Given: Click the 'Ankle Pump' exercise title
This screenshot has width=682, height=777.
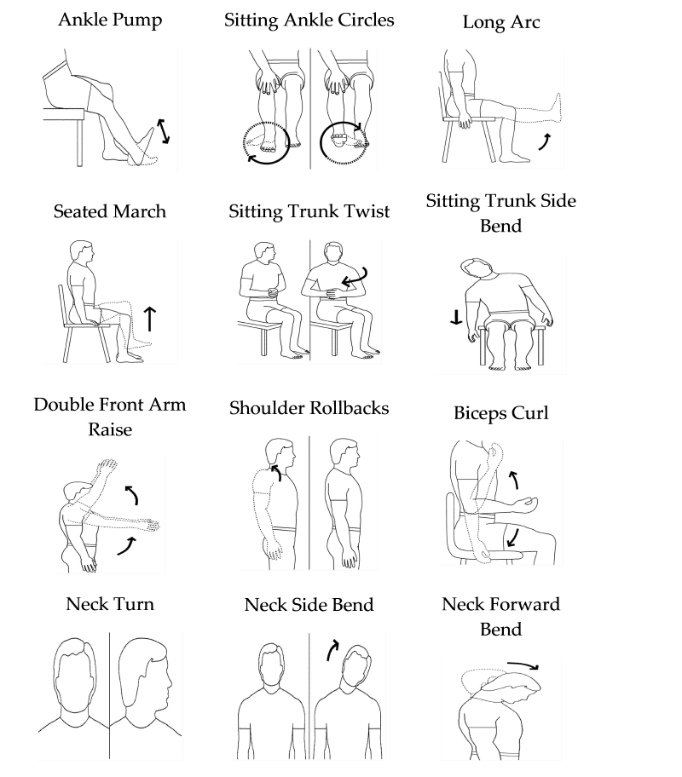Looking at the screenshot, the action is pyautogui.click(x=110, y=20).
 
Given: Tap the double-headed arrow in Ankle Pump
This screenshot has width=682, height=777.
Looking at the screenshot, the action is pyautogui.click(x=164, y=131).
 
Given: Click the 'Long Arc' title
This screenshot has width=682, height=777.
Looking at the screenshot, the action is pyautogui.click(x=501, y=22).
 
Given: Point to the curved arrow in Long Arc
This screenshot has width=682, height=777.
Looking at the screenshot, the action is pyautogui.click(x=545, y=141).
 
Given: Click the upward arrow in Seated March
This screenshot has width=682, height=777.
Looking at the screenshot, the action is pyautogui.click(x=150, y=319).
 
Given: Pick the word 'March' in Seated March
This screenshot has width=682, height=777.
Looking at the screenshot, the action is pyautogui.click(x=139, y=211).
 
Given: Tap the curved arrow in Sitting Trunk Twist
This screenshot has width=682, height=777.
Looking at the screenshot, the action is pyautogui.click(x=356, y=278).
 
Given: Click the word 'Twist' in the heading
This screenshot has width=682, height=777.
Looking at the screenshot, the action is pyautogui.click(x=367, y=211).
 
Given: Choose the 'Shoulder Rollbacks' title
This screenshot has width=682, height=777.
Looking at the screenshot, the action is pyautogui.click(x=309, y=408).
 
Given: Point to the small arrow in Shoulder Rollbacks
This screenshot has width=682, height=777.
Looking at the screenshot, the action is pyautogui.click(x=276, y=472).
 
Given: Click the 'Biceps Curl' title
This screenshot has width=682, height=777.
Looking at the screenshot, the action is pyautogui.click(x=501, y=413).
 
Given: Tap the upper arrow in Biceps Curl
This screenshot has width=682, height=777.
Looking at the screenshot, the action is pyautogui.click(x=514, y=480).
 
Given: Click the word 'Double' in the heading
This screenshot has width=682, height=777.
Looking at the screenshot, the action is pyautogui.click(x=64, y=405).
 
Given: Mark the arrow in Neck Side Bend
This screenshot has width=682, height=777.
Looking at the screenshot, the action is pyautogui.click(x=332, y=650).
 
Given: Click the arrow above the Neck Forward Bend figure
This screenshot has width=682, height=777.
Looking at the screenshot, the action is pyautogui.click(x=523, y=665).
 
